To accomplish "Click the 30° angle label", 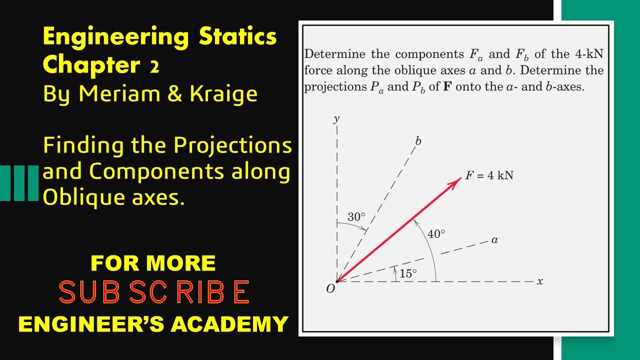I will [x=356, y=217].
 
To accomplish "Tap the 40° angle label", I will [x=436, y=233].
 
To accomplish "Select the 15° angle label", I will [x=408, y=273].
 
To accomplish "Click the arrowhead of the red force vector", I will [x=456, y=180].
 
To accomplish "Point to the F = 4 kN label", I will [x=489, y=175].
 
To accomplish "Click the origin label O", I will [x=330, y=289].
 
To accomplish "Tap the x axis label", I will [x=540, y=281].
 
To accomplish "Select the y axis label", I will [x=336, y=118].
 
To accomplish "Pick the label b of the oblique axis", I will [x=418, y=141].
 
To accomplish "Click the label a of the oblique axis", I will [x=494, y=240].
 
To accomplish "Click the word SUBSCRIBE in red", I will [x=154, y=292].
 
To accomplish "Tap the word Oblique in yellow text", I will [x=80, y=197].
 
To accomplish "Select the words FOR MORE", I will [x=153, y=263].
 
